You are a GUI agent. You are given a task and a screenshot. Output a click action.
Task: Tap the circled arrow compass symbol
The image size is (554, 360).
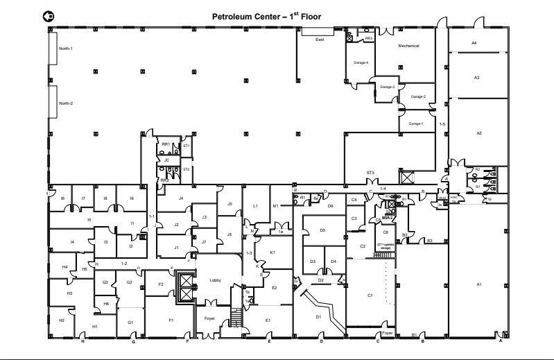[47, 15]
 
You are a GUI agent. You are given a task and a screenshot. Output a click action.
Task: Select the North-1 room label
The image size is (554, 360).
[66, 49]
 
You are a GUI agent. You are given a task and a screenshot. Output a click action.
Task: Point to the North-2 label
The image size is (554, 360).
[66, 103]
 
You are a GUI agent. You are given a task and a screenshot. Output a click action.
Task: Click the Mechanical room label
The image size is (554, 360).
[408, 46]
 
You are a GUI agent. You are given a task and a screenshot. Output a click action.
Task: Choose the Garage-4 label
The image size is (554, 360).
[361, 62]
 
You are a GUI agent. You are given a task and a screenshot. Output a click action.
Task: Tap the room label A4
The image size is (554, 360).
[474, 43]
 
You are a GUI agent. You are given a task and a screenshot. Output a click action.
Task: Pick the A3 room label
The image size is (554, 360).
[476, 78]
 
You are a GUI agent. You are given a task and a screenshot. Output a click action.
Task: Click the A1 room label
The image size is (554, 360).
[478, 284]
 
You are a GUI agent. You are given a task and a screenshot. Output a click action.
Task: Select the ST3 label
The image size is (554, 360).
[370, 172]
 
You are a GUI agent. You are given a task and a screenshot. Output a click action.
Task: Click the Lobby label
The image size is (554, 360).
[215, 280]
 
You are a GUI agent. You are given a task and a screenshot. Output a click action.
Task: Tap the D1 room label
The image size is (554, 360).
[318, 316]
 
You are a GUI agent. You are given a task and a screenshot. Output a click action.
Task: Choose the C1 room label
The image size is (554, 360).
[370, 295]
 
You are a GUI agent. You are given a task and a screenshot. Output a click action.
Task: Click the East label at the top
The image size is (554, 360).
[320, 40]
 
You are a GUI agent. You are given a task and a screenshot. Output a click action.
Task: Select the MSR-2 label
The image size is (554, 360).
[387, 218]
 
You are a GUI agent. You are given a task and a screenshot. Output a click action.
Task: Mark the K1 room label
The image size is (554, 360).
[272, 252]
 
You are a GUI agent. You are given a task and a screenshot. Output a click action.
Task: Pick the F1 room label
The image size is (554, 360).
[170, 320]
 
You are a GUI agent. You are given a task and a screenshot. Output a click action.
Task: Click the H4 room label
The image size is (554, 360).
[64, 266]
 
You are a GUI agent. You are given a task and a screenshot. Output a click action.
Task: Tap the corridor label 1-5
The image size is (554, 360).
[442, 123]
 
